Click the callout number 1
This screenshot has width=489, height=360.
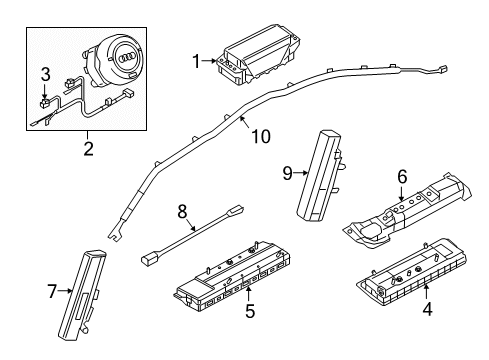click(x=196, y=61)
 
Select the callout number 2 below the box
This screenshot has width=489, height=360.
click(x=87, y=149)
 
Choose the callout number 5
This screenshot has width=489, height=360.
click(x=250, y=311)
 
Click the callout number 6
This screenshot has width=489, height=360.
click(x=402, y=176)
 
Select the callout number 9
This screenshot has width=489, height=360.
click(x=287, y=172)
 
